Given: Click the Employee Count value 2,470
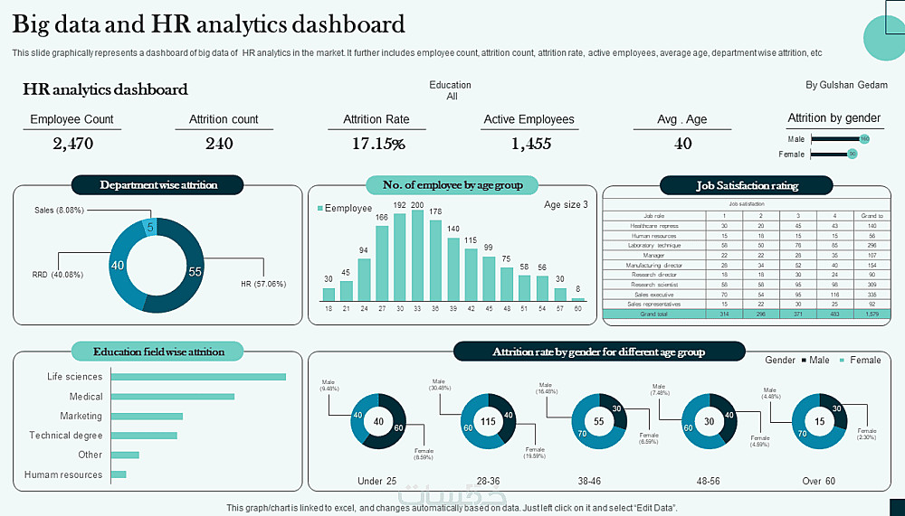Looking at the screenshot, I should pyautogui.click(x=72, y=143).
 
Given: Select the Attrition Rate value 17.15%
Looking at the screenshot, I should pyautogui.click(x=378, y=143).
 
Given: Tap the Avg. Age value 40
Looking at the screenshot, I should pyautogui.click(x=683, y=143).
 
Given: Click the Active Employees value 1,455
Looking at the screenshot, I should pyautogui.click(x=530, y=143).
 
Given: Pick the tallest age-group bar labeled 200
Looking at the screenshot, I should pyautogui.click(x=417, y=255).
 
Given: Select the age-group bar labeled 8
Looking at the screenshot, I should pyautogui.click(x=578, y=298).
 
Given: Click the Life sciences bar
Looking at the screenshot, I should pyautogui.click(x=198, y=377).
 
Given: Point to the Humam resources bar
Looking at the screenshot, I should pyautogui.click(x=119, y=474).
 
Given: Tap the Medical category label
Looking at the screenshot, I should pyautogui.click(x=86, y=397).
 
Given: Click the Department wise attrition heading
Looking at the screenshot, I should pyautogui.click(x=158, y=185).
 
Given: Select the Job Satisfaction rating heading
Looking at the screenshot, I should pyautogui.click(x=747, y=186).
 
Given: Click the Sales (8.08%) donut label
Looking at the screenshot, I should pyautogui.click(x=59, y=211).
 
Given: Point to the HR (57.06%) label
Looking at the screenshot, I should pyautogui.click(x=263, y=284).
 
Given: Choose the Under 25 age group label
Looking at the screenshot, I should pyautogui.click(x=377, y=481).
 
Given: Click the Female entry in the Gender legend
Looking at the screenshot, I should pyautogui.click(x=864, y=360).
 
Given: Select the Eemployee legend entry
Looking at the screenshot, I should pyautogui.click(x=348, y=209).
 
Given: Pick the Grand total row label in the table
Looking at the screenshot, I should pyautogui.click(x=653, y=314).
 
